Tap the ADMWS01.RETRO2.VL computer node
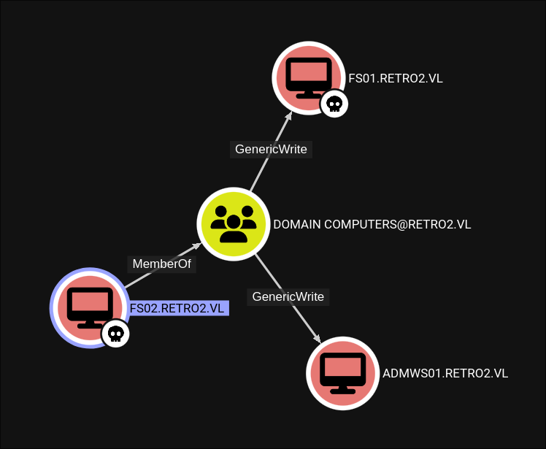click(x=342, y=372)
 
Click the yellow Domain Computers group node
click(x=233, y=223)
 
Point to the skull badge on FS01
click(x=334, y=104)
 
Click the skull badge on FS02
click(x=115, y=334)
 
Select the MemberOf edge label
click(x=162, y=264)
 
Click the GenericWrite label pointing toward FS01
click(x=271, y=149)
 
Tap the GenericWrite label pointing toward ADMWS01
click(x=288, y=296)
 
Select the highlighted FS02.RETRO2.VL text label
click(x=177, y=309)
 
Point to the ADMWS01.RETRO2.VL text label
click(x=445, y=373)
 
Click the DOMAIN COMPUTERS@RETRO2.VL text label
click(x=372, y=224)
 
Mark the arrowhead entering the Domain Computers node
click(x=195, y=247)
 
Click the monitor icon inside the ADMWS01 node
click(x=342, y=372)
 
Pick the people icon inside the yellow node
click(x=233, y=223)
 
